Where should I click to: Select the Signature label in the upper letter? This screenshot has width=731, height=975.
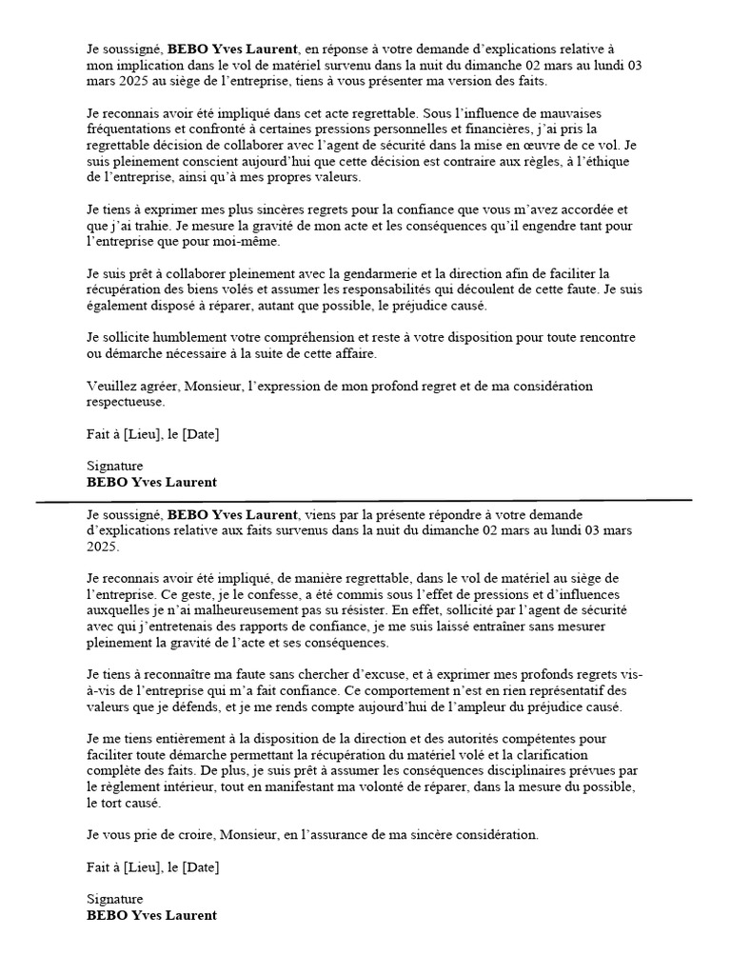point(114,467)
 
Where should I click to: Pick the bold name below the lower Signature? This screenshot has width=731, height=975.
point(151,915)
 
